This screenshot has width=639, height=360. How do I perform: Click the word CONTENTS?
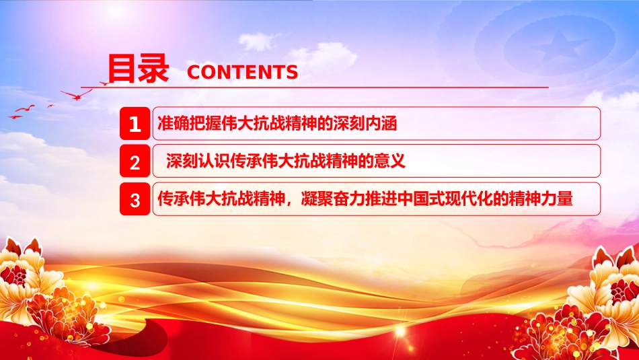point(242,73)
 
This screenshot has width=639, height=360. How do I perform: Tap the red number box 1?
point(135,124)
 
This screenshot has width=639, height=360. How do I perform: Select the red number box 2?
point(135,162)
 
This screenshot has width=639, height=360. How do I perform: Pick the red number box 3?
point(135,200)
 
